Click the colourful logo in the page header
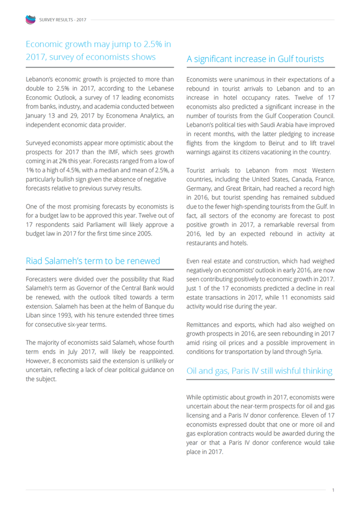(x=30, y=20)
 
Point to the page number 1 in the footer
(x=333, y=490)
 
